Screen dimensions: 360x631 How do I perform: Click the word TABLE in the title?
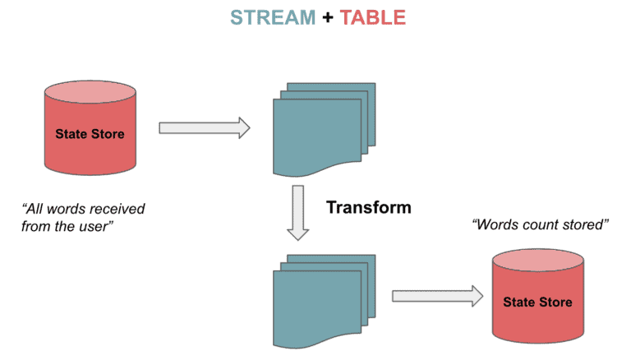pyautogui.click(x=371, y=17)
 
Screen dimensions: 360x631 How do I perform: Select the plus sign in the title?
pyautogui.click(x=327, y=17)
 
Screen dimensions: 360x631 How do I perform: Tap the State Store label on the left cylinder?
pyautogui.click(x=90, y=134)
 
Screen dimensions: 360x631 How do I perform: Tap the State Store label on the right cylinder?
pyautogui.click(x=537, y=302)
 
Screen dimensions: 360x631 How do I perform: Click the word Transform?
pyautogui.click(x=369, y=207)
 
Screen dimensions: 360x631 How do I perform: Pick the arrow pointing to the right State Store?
pyautogui.click(x=436, y=296)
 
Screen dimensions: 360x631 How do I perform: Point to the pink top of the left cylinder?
pyautogui.click(x=89, y=90)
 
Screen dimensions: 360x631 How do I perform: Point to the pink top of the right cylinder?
pyautogui.click(x=537, y=262)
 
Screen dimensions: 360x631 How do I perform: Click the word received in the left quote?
pyautogui.click(x=116, y=209)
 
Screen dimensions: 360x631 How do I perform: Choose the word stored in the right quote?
pyautogui.click(x=583, y=224)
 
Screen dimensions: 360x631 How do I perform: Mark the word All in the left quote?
pyautogui.click(x=35, y=209)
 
